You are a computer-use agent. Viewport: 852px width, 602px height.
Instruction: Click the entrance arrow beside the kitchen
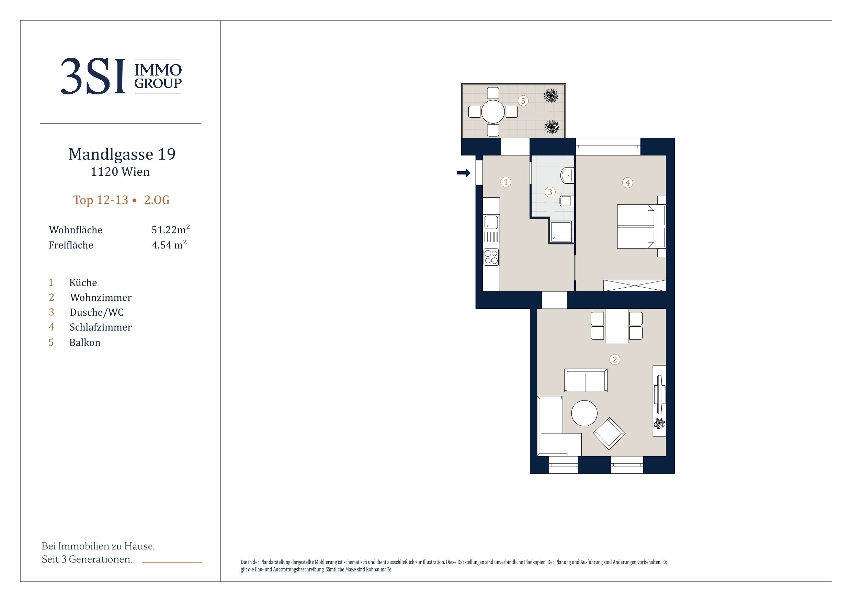464,173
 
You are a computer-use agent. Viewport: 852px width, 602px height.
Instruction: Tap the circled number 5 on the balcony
523,101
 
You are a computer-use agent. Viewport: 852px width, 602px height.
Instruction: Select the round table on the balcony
493,112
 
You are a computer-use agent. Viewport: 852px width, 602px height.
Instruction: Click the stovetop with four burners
491,257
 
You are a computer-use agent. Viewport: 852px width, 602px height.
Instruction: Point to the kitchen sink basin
491,222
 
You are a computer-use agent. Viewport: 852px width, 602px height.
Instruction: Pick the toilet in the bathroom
566,201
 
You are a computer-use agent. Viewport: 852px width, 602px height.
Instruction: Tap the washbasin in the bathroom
567,175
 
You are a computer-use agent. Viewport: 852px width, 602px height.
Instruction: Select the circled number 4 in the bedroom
627,183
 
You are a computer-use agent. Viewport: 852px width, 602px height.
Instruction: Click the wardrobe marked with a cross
635,286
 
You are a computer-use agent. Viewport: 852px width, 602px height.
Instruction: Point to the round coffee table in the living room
584,413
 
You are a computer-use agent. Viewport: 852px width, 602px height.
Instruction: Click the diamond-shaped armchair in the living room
609,433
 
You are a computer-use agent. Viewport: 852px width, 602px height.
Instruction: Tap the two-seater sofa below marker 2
586,380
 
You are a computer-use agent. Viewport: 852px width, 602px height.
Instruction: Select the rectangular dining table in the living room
616,326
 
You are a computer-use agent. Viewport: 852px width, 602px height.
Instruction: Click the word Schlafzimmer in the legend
101,327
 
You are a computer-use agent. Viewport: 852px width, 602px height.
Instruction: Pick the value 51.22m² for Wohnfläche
171,229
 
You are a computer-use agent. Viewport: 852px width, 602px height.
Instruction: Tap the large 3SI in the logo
93,77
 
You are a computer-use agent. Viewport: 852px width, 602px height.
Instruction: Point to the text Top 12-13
101,200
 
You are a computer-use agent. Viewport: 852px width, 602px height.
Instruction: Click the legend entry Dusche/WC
96,312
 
